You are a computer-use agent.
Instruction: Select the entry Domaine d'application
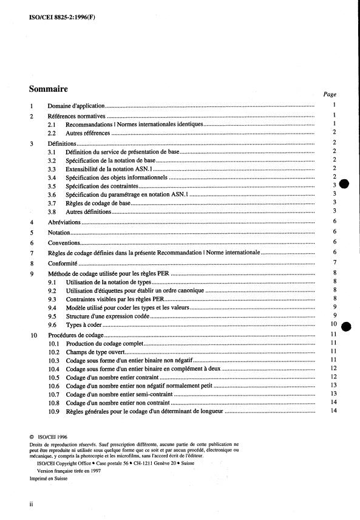coord(76,105)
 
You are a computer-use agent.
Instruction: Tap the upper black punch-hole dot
coord(344,185)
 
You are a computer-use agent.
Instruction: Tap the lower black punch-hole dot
coord(344,326)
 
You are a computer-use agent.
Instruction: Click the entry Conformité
coord(63,262)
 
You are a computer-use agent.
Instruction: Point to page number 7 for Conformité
coord(335,262)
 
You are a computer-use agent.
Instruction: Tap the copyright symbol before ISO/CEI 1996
coord(32,436)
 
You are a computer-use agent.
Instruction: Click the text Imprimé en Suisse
coord(49,478)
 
